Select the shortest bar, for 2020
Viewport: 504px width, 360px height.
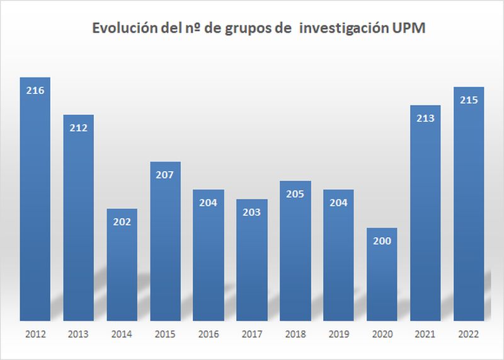[381, 277]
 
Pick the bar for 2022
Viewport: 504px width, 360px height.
[468, 208]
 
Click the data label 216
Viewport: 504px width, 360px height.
[35, 90]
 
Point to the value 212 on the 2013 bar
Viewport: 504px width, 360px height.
[79, 128]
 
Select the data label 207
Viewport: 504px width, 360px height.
[165, 175]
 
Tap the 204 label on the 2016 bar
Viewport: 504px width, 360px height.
[209, 202]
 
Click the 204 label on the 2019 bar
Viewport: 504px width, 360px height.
[338, 202]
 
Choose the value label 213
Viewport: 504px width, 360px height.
[425, 118]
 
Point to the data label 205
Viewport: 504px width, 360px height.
[295, 194]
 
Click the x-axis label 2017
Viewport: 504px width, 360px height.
[251, 334]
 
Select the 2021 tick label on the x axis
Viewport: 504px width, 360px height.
[425, 334]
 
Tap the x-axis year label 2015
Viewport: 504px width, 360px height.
[165, 334]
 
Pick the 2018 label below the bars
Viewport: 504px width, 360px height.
[295, 334]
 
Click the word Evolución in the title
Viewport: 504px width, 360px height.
[121, 29]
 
